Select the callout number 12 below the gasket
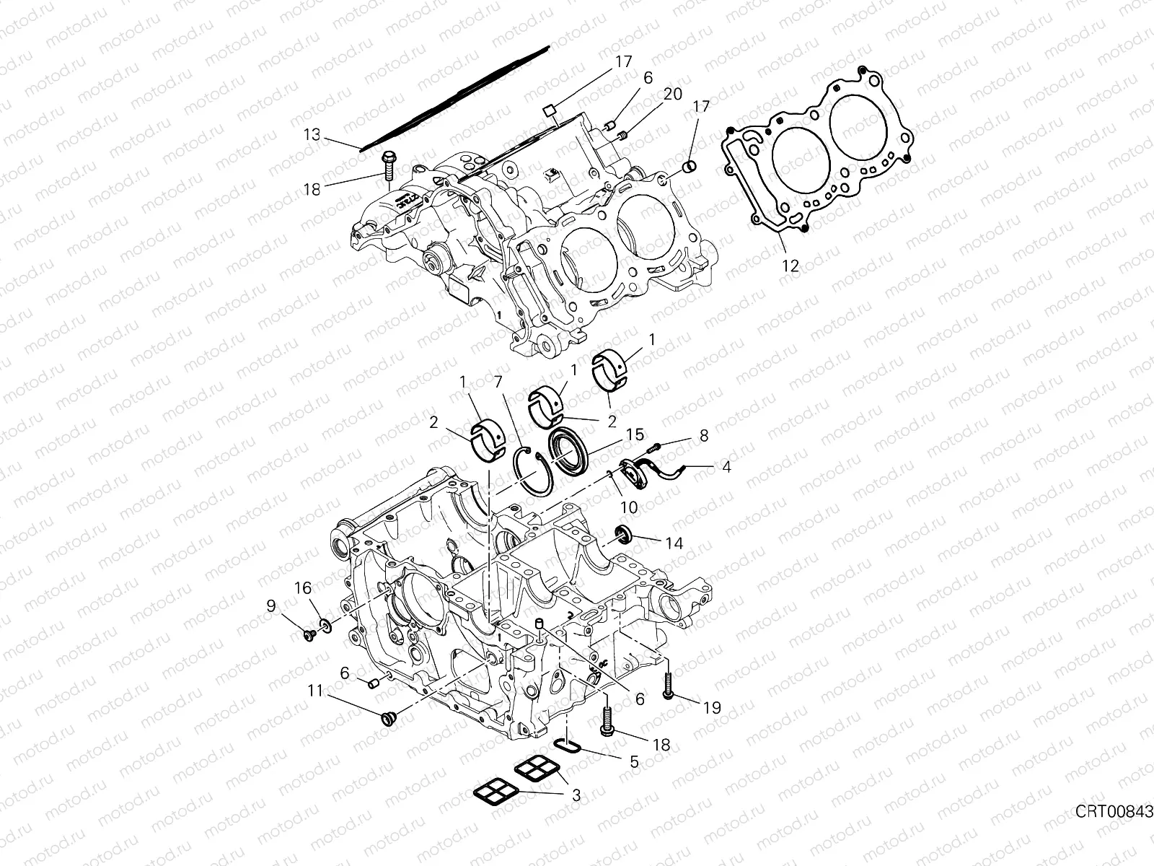[790, 266]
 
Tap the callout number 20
[672, 95]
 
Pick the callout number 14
[674, 543]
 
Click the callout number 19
[712, 708]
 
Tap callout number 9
[270, 606]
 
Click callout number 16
[302, 589]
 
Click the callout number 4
[726, 467]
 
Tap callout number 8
[703, 435]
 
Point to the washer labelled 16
[325, 623]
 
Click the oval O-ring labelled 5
[568, 745]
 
